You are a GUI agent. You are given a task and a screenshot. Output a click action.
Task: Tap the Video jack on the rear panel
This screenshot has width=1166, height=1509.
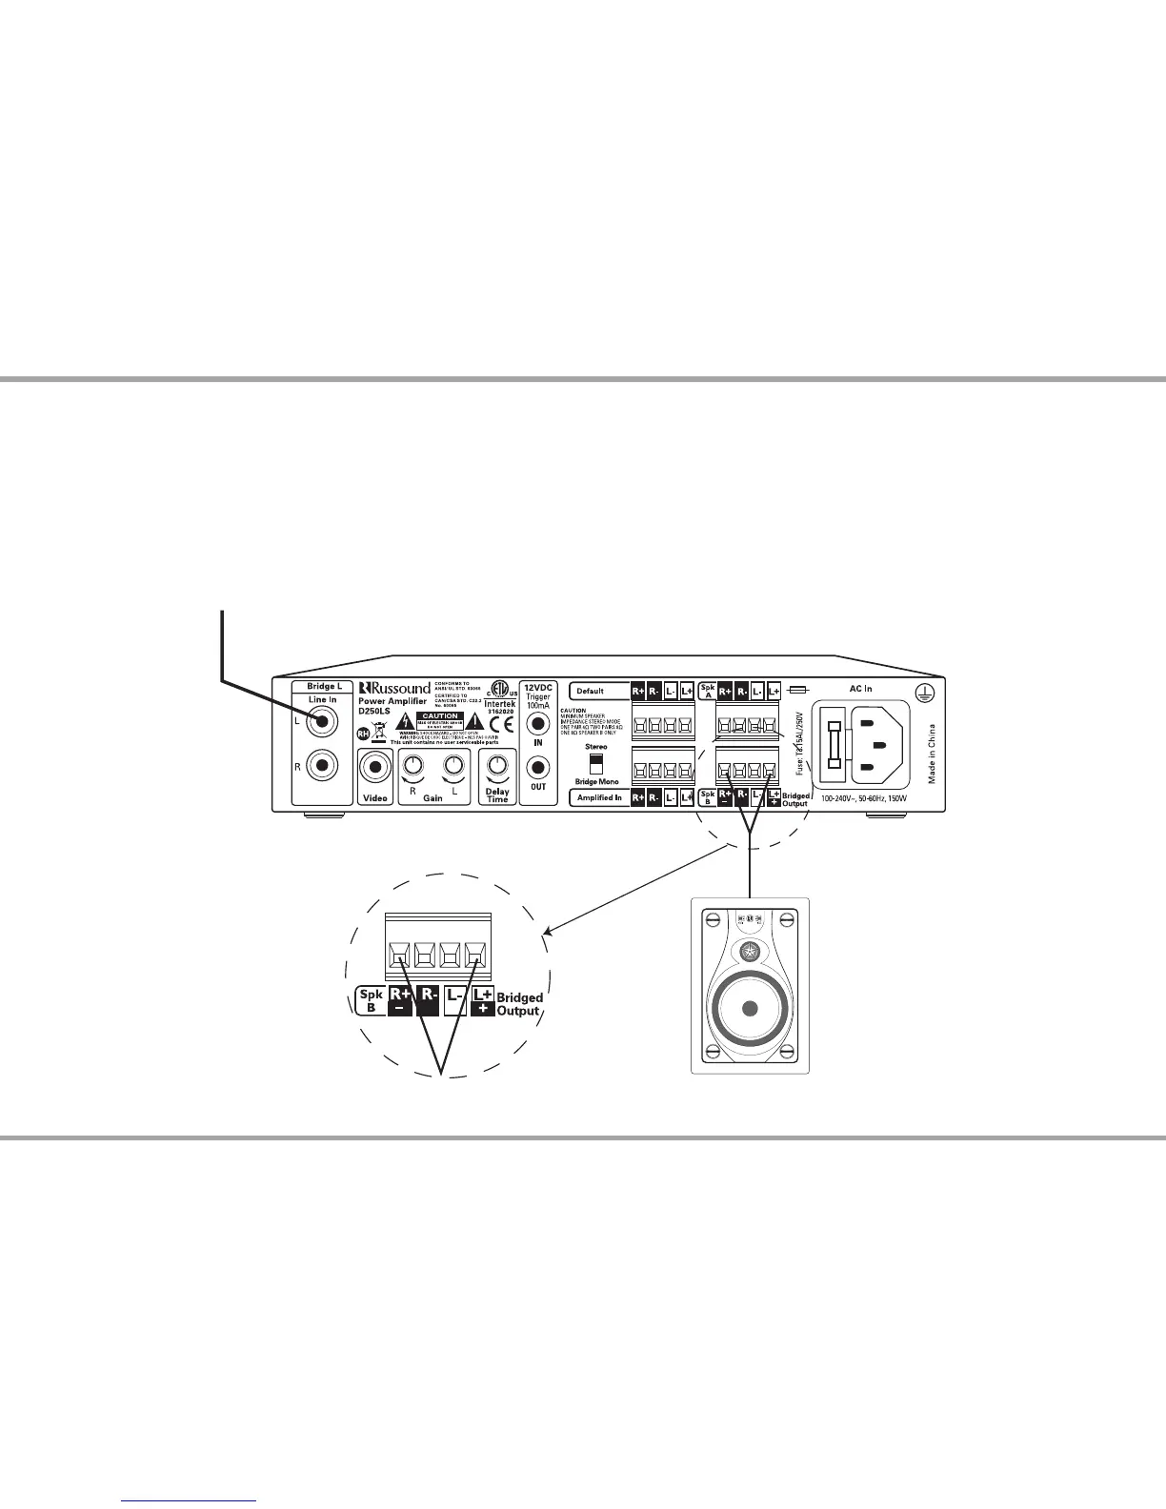(375, 767)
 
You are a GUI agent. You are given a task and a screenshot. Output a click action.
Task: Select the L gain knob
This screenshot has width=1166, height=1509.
(454, 765)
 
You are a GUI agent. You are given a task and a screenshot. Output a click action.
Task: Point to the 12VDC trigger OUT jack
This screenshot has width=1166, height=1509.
(538, 766)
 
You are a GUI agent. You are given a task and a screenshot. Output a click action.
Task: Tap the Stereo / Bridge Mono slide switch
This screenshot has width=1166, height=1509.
(596, 764)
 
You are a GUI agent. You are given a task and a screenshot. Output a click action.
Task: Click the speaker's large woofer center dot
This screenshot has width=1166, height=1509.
(750, 1009)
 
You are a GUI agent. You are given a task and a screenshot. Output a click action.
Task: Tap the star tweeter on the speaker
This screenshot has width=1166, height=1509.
(750, 951)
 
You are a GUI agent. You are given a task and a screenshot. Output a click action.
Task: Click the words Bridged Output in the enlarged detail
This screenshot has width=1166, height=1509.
(519, 1004)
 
